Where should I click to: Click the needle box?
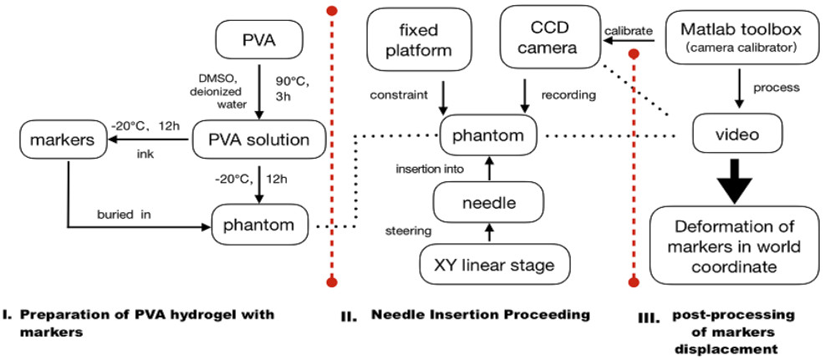(x=488, y=203)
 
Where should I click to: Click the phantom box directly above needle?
(x=488, y=136)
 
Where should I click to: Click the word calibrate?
(x=628, y=31)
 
